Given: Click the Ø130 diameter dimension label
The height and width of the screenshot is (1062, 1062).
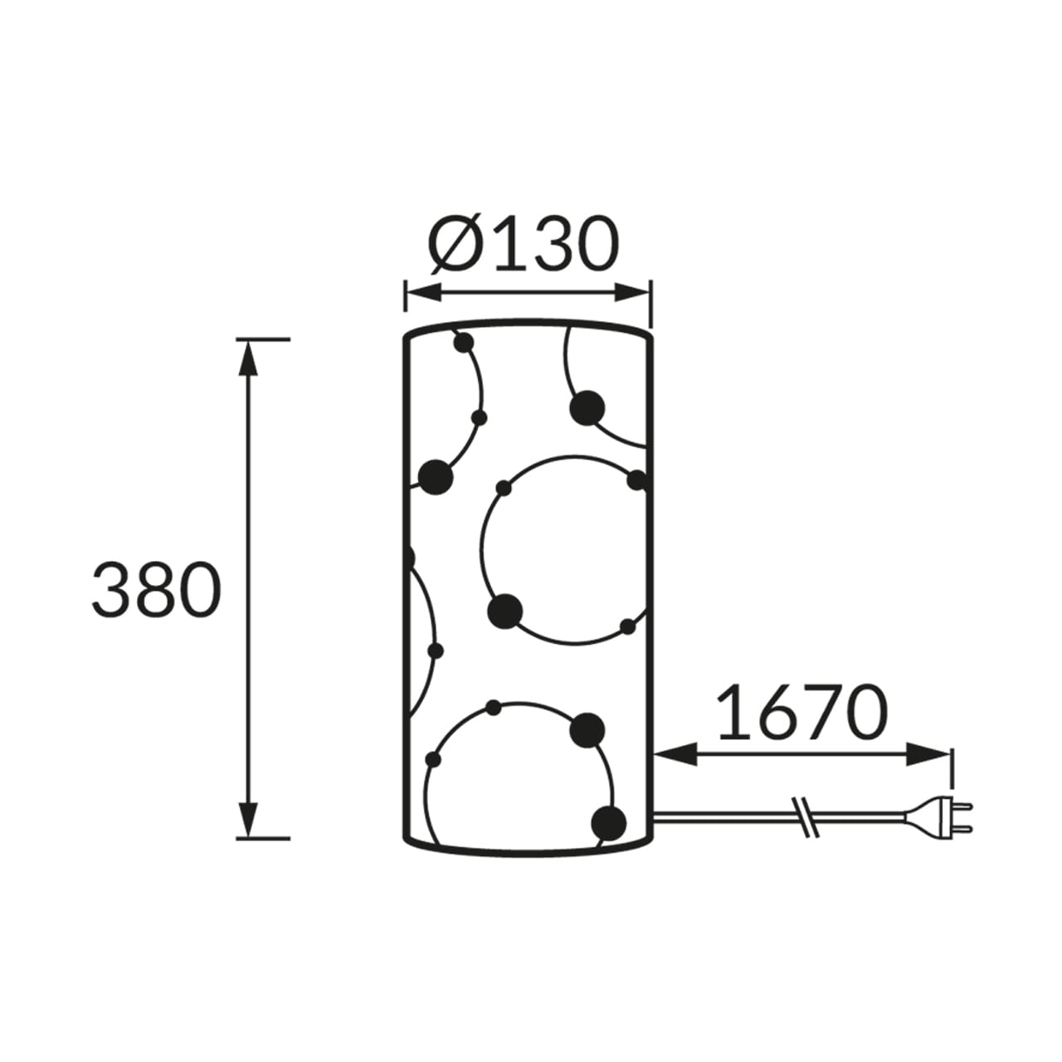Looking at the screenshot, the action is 524,244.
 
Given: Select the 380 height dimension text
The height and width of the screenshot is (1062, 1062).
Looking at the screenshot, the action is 157,588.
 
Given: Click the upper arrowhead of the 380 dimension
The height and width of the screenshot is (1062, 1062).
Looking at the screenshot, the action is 249,359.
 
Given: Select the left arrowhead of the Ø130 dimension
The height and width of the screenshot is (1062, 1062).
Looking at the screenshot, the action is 423,292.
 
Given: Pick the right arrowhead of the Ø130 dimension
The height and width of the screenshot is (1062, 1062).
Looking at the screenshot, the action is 633,292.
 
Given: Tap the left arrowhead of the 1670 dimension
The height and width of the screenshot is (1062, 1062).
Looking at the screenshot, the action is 675,754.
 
